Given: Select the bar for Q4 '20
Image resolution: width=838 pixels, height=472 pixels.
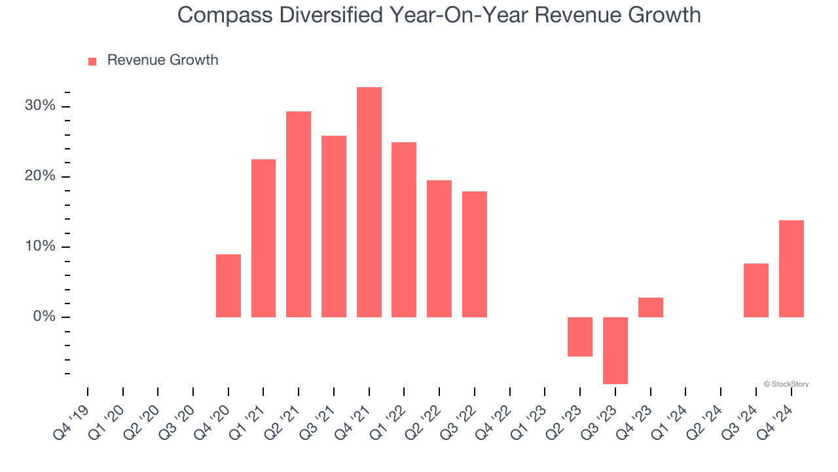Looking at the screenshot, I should (x=228, y=286).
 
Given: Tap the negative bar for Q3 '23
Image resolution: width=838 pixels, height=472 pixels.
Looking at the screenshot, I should (x=615, y=350).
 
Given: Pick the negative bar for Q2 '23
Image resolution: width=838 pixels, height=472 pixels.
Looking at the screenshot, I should (x=580, y=337).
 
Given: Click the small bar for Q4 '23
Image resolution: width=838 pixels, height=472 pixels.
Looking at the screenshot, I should (x=651, y=307).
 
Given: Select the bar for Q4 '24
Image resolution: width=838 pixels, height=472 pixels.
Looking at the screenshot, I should (x=791, y=269).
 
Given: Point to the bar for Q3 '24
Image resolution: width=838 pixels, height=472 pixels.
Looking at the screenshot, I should (x=756, y=290).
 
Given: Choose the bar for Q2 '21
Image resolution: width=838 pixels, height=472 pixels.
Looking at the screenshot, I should (x=299, y=214).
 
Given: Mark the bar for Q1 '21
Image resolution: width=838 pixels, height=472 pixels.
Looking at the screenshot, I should (x=263, y=238).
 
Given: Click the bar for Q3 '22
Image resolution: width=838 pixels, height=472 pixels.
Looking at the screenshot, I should (x=475, y=254).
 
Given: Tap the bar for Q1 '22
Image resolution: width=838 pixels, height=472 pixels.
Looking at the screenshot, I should (x=404, y=229).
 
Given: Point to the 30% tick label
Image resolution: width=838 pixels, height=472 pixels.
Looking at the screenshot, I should (x=41, y=106).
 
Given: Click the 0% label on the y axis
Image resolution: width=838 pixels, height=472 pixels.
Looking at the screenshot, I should (x=44, y=317).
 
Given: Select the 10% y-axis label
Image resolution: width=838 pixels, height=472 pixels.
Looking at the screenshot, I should (x=41, y=247).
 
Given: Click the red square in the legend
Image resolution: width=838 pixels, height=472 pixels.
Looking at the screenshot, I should (x=92, y=61).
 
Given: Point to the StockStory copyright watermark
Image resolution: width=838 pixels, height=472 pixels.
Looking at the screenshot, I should (x=786, y=384).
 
